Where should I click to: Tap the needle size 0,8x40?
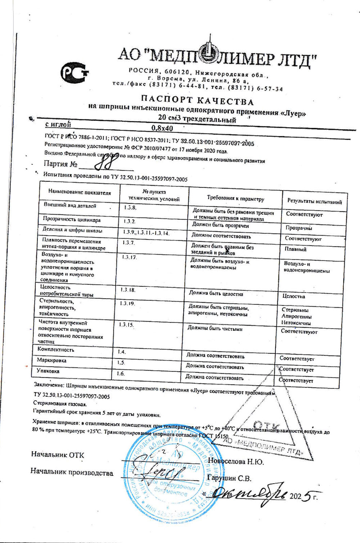[162, 128]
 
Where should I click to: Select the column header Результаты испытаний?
[314, 202]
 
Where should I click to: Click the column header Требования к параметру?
[235, 198]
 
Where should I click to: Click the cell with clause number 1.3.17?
[130, 257]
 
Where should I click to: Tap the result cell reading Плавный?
[296, 249]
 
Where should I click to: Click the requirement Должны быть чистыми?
[215, 328]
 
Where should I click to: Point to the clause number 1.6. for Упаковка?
[121, 374]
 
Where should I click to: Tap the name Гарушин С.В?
[229, 478]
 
